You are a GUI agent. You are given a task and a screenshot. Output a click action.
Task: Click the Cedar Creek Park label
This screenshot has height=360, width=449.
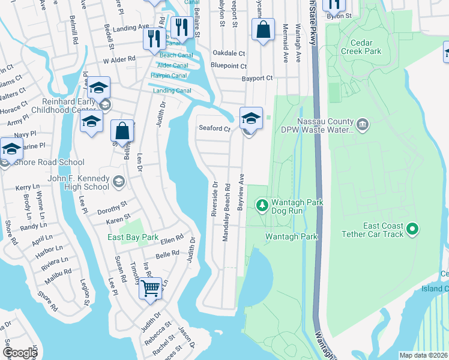(x=364, y=47)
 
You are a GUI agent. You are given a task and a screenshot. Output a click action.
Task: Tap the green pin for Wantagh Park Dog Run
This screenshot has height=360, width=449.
(x=262, y=206)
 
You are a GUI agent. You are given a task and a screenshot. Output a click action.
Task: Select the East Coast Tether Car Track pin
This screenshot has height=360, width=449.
(x=412, y=229)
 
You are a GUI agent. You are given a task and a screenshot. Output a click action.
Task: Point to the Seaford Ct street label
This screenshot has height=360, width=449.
(x=215, y=129)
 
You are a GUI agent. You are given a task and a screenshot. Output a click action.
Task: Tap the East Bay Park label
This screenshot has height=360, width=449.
(x=133, y=238)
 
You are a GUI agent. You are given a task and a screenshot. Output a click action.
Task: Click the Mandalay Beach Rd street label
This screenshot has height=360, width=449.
(x=227, y=213)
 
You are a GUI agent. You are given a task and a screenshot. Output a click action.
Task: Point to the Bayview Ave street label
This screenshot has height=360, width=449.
(x=241, y=192)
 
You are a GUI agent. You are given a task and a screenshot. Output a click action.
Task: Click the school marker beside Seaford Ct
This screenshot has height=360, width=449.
(x=250, y=118)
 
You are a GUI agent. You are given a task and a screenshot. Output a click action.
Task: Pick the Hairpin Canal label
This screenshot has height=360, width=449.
(x=170, y=76)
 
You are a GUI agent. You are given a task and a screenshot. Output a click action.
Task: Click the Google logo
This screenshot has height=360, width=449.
(x=19, y=353)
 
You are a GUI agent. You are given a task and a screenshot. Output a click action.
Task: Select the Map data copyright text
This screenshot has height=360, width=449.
(x=424, y=355)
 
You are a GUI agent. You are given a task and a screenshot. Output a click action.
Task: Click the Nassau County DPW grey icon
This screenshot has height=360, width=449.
(x=362, y=125)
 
